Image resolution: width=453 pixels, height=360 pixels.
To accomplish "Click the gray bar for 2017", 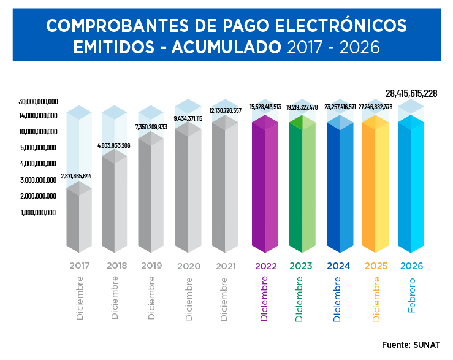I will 78,218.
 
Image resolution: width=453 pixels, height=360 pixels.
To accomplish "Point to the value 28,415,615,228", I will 411,93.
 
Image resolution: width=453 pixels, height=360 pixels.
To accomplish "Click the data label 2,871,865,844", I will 76,177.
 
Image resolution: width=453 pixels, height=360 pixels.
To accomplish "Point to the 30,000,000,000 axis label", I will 38,101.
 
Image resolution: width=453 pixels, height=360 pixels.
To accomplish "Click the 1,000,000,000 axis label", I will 38,212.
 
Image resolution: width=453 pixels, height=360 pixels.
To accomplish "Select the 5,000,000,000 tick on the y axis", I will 38,148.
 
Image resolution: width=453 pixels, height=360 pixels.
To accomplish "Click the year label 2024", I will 338,266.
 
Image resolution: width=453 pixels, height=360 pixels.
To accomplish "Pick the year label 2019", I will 151,266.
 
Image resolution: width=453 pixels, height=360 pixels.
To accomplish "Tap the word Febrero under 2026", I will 411,295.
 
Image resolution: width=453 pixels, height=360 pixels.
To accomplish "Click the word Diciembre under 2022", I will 264,299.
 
